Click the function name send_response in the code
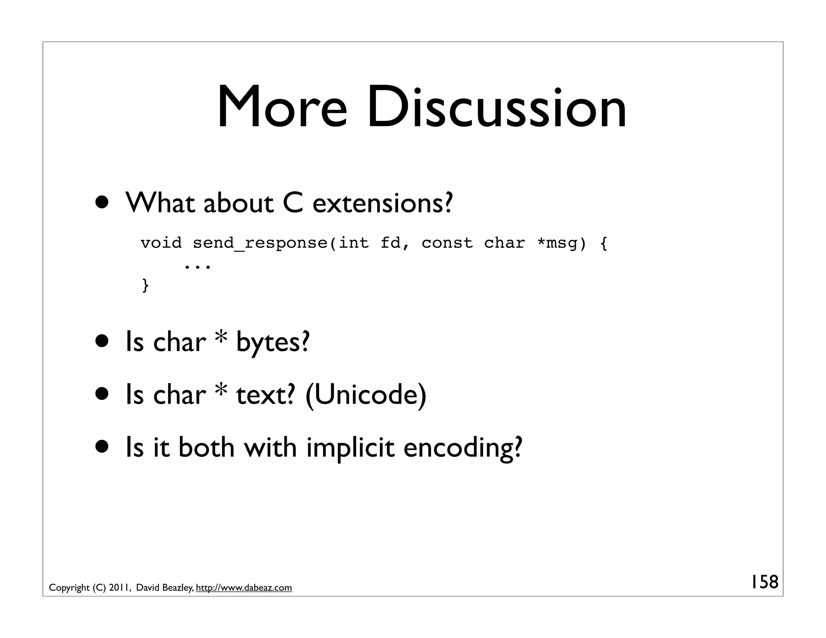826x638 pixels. pyautogui.click(x=260, y=243)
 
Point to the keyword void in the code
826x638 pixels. pyautogui.click(x=161, y=243)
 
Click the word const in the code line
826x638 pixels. pyautogui.click(x=447, y=243)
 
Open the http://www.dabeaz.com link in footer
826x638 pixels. pyautogui.click(x=244, y=588)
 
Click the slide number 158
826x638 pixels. pyautogui.click(x=764, y=582)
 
